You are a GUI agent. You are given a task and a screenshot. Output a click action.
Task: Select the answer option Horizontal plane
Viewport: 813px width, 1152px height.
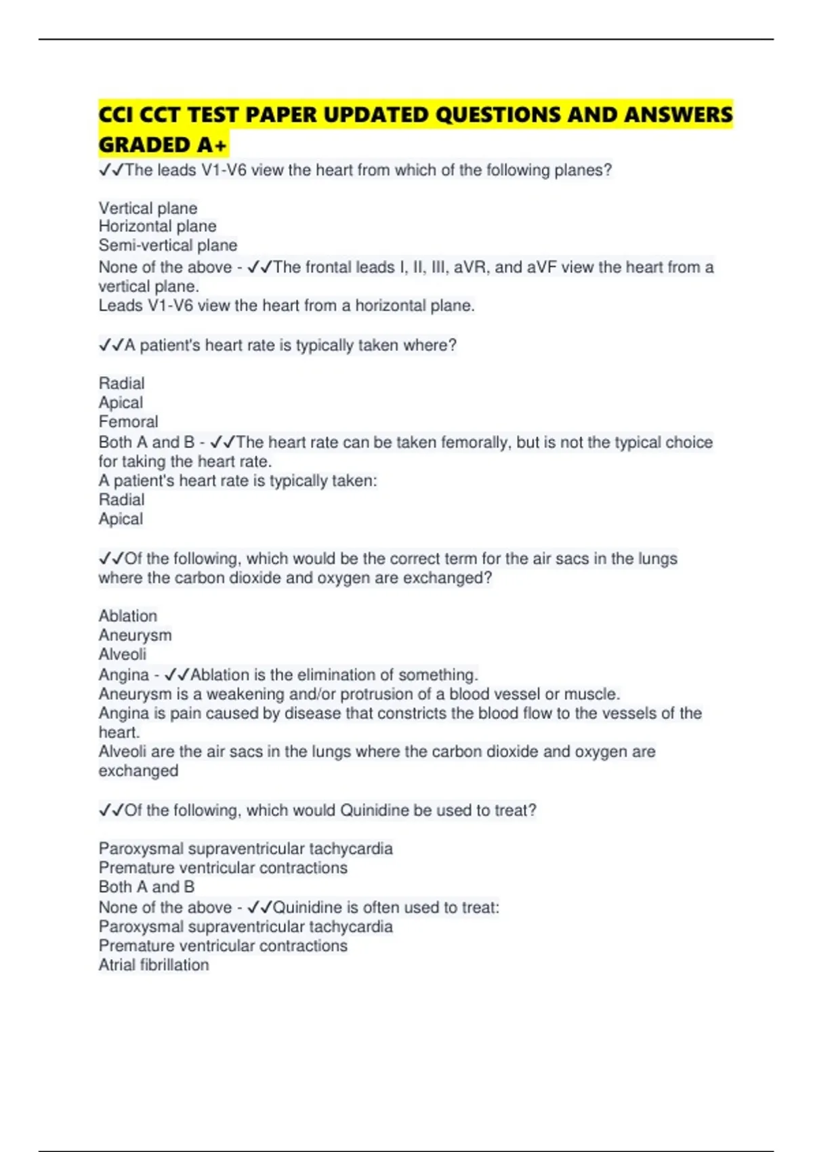click(x=157, y=226)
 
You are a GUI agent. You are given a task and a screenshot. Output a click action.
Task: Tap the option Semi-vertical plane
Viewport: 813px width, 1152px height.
click(x=168, y=245)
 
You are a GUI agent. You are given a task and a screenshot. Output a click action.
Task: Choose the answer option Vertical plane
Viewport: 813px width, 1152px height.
click(x=148, y=208)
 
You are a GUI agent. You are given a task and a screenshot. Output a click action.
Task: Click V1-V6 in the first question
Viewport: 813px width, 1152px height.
click(x=224, y=170)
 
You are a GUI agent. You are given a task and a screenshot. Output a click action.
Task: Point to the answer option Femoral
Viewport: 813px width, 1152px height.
click(x=128, y=421)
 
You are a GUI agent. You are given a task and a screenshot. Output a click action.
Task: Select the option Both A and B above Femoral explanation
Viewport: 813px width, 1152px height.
click(x=146, y=443)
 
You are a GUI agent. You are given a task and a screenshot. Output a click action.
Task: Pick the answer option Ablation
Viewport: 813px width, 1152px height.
click(x=127, y=616)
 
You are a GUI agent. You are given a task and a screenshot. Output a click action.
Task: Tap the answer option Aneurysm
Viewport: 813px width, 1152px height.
click(x=135, y=635)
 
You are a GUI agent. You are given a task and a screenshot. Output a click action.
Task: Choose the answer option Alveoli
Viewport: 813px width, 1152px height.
click(x=122, y=654)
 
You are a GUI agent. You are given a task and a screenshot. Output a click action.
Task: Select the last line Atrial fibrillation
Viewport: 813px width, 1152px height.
click(x=154, y=965)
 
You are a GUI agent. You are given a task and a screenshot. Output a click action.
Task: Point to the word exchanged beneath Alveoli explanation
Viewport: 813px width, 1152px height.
click(x=138, y=771)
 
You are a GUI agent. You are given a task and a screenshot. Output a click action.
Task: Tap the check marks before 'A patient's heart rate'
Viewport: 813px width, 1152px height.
click(x=111, y=346)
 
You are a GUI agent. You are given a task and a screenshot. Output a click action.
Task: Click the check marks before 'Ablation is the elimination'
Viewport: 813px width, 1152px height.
click(x=178, y=675)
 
